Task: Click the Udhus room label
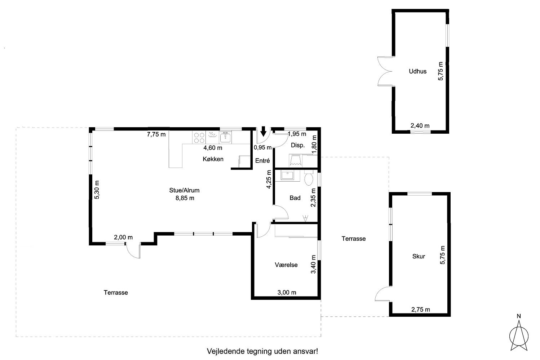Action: click(417, 71)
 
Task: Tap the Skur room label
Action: click(419, 256)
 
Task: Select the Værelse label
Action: click(286, 265)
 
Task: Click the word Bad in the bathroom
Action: click(295, 198)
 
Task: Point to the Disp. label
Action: click(298, 145)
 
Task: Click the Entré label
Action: click(262, 160)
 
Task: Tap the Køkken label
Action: click(213, 159)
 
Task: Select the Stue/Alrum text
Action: click(185, 190)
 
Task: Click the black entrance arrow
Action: click(263, 131)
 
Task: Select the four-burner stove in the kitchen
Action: click(199, 138)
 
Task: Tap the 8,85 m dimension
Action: click(185, 198)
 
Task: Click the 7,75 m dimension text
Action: click(156, 134)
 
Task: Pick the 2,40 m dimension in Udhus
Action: click(420, 125)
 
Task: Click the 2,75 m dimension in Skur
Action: click(421, 310)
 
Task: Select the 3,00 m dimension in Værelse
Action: click(287, 293)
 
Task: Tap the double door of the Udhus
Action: click(385, 71)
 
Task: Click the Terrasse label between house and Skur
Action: click(354, 239)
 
